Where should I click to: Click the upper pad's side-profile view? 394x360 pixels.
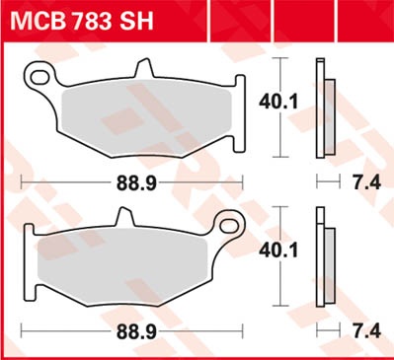coord(321,108)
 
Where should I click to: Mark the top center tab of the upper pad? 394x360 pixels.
coord(147,67)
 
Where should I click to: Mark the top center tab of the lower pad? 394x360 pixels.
coord(123,216)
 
